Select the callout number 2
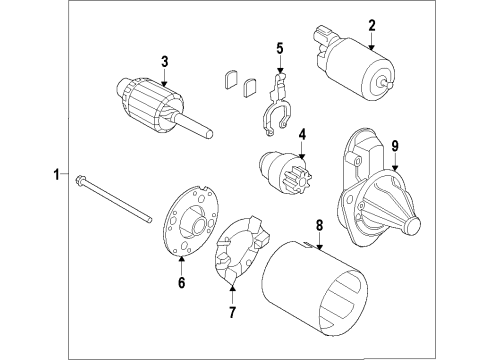tap(371, 25)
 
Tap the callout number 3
tap(165, 62)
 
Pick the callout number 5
tap(280, 47)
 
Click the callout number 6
tap(181, 283)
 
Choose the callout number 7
tap(232, 312)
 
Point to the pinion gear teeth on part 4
tap(300, 178)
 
